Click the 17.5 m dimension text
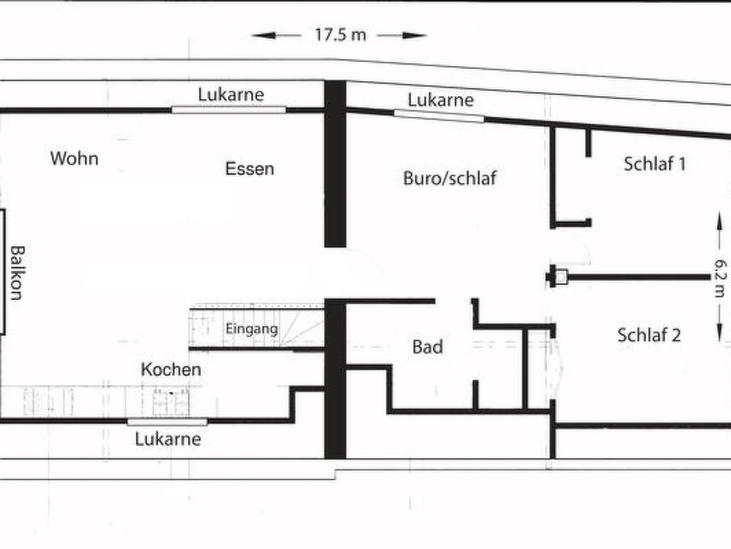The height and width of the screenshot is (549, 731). click(x=341, y=35)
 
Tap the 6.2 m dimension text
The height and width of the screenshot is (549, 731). click(x=720, y=278)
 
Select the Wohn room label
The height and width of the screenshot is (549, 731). click(x=74, y=158)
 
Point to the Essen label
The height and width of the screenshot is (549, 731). click(x=249, y=169)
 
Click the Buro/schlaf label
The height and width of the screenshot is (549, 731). click(x=450, y=178)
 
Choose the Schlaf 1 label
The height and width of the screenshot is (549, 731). click(x=655, y=164)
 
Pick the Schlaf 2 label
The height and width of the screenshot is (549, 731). click(x=649, y=335)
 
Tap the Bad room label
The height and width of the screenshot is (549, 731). click(x=428, y=347)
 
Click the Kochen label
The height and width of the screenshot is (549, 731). click(x=171, y=370)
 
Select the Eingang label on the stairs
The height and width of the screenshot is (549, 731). click(x=252, y=329)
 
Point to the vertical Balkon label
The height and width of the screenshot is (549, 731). click(x=17, y=273)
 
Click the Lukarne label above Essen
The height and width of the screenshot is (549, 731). click(x=231, y=95)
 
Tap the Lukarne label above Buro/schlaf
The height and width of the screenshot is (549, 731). click(x=441, y=100)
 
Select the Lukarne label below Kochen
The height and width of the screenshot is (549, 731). click(x=168, y=439)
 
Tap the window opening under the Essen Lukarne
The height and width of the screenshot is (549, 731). click(x=228, y=110)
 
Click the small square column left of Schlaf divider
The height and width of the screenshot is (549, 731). click(x=561, y=277)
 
